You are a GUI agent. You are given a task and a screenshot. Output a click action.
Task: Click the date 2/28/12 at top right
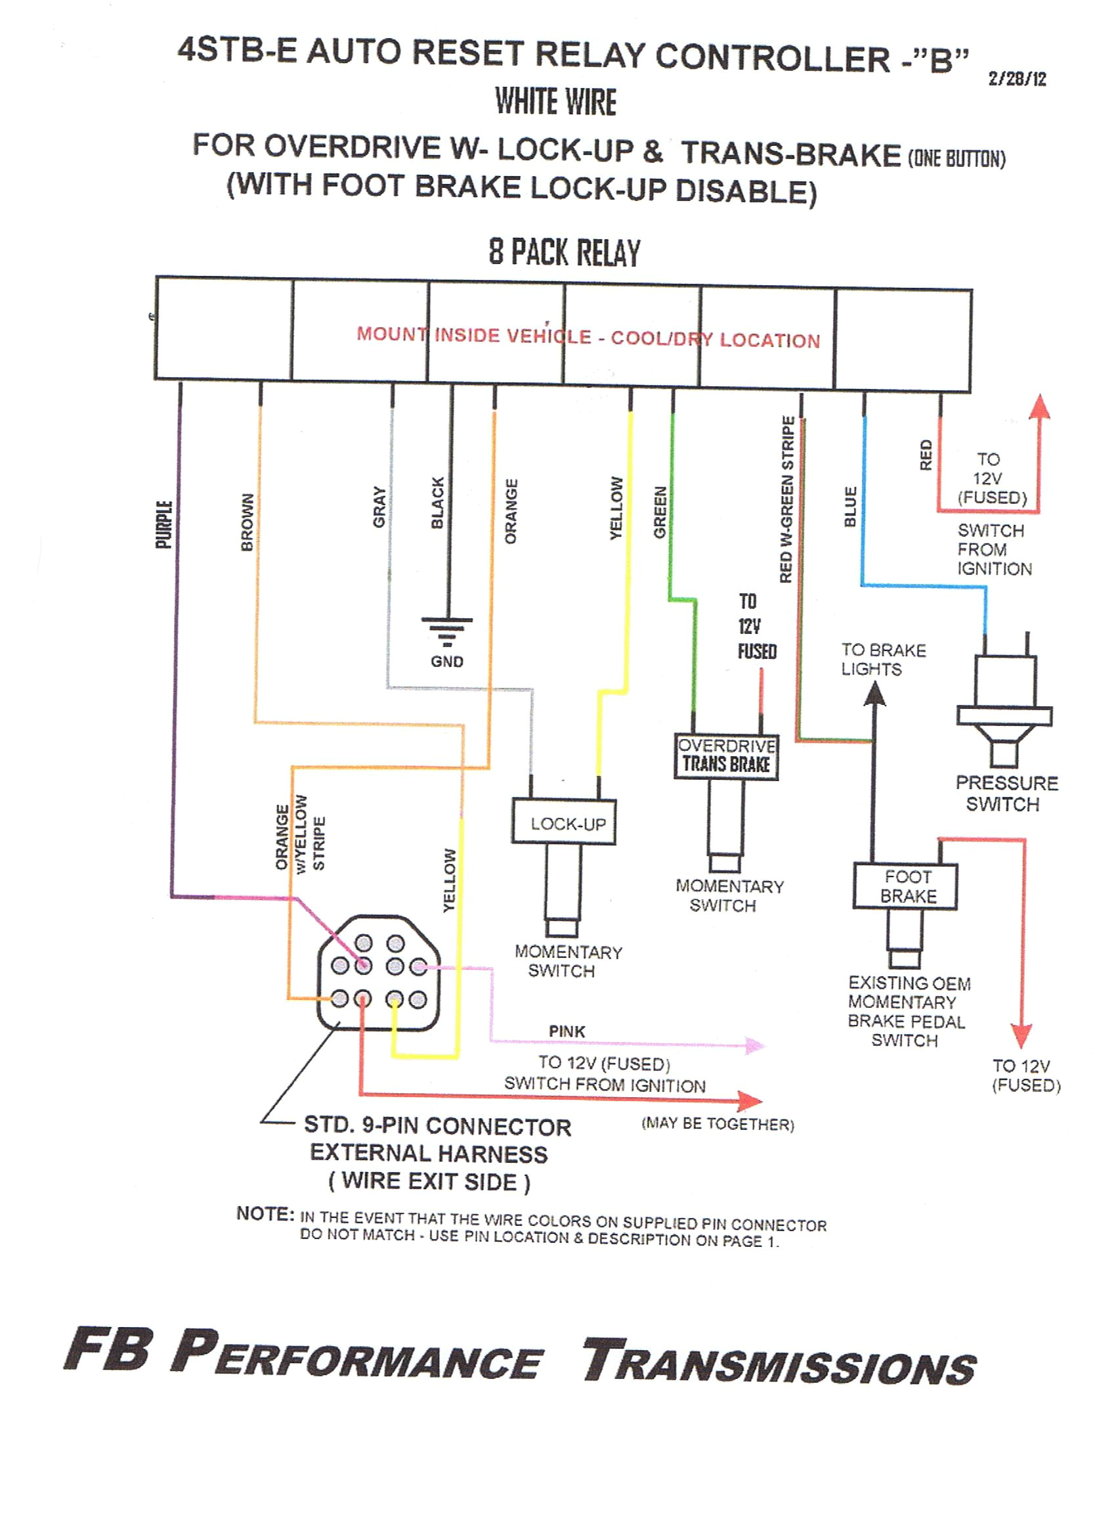(1016, 79)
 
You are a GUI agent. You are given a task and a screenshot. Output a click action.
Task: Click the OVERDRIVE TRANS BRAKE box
(726, 756)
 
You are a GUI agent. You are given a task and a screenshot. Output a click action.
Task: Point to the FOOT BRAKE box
(906, 886)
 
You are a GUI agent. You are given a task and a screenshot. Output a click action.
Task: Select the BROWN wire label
(247, 522)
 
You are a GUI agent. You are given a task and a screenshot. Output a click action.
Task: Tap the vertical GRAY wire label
(379, 507)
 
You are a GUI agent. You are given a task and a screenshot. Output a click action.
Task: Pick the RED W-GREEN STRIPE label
(786, 499)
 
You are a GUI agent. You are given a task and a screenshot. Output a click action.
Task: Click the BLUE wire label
(851, 506)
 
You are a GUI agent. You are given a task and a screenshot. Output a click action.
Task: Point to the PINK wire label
(567, 1031)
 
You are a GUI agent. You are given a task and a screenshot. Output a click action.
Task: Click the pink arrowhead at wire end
(754, 1045)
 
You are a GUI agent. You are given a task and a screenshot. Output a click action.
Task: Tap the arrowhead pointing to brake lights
(875, 694)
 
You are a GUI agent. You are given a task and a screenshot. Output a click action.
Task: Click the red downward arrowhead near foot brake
(1021, 1035)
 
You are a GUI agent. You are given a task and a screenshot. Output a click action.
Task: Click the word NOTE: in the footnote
(265, 1213)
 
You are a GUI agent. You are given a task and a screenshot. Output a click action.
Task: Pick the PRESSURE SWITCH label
(1006, 793)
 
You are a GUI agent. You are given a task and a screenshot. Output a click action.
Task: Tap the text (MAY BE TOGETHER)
(718, 1124)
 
